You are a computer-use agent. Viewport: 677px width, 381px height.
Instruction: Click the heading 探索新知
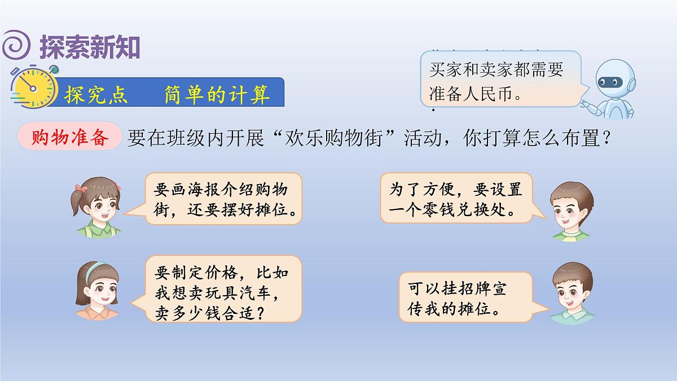click(90, 47)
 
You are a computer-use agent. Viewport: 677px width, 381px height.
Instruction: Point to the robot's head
click(616, 80)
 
